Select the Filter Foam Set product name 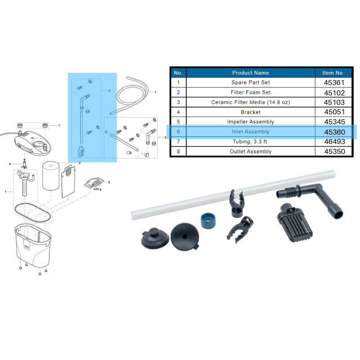[251, 93]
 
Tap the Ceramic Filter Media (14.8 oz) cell [251, 103]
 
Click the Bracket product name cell [251, 112]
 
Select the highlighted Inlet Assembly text [251, 132]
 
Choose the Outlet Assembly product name [251, 152]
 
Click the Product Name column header [251, 72]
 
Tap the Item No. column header [333, 72]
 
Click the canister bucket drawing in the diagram [33, 243]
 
